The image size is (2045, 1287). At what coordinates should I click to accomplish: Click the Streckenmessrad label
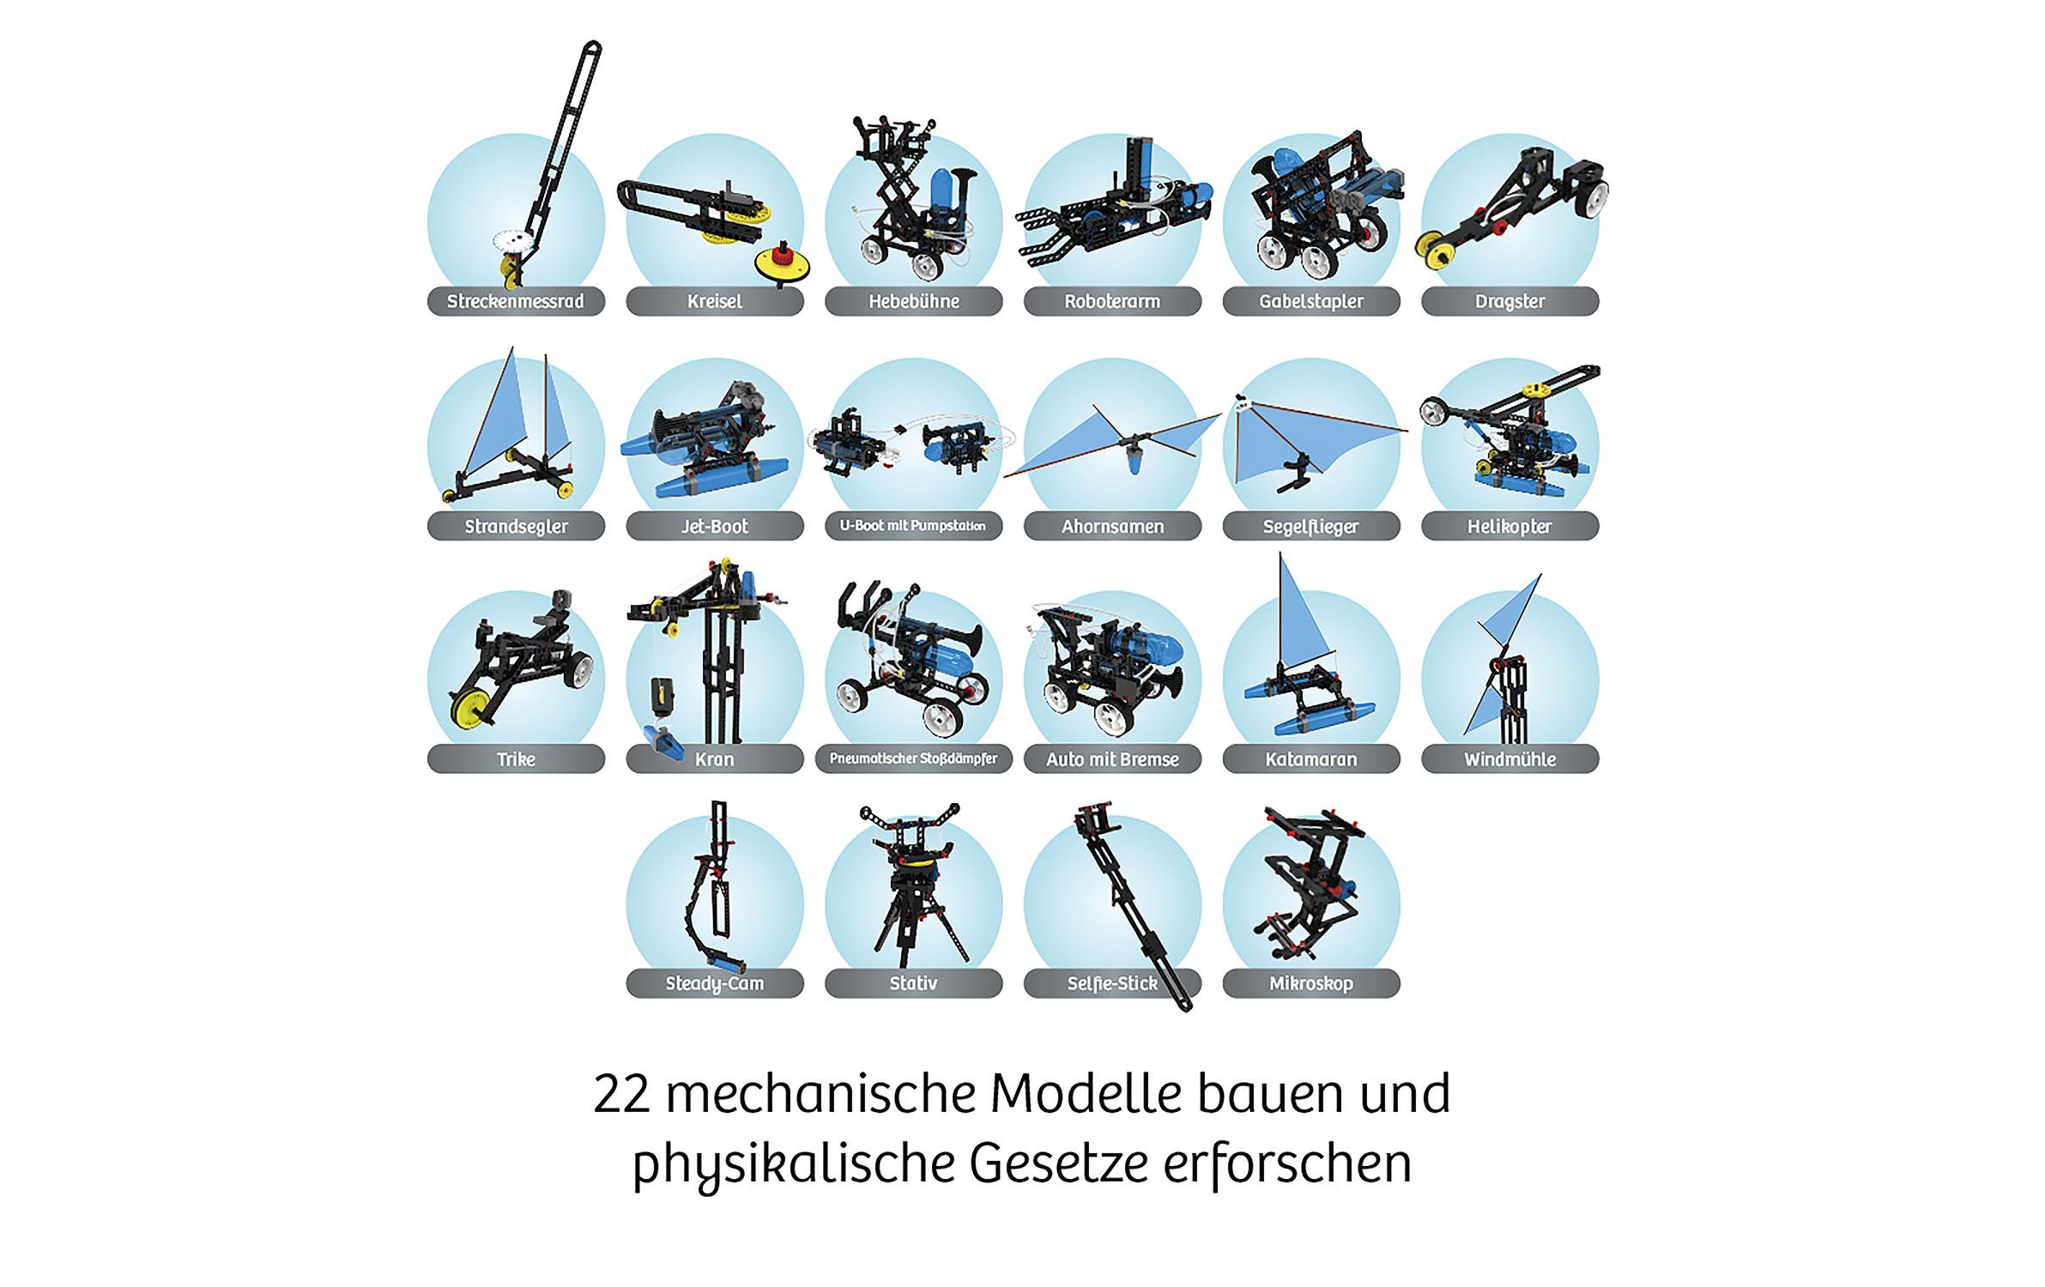(x=516, y=301)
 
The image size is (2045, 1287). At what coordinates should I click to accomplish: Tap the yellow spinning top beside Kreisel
(x=781, y=261)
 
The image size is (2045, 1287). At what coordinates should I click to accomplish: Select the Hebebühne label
(x=913, y=301)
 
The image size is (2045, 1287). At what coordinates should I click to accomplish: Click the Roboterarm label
(x=1112, y=301)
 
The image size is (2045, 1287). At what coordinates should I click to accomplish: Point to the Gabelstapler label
(x=1310, y=301)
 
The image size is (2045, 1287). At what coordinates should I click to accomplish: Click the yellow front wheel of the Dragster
(x=1434, y=249)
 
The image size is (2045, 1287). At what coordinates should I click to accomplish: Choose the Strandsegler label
(x=516, y=526)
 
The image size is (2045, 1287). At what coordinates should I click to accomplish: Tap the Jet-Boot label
(x=715, y=526)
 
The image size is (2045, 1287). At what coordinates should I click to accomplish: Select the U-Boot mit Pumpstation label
(x=913, y=525)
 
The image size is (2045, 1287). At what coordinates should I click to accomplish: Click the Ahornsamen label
(x=1112, y=526)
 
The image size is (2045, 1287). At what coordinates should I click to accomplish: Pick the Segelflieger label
(x=1310, y=526)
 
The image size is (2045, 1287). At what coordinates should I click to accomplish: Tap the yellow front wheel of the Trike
(x=471, y=706)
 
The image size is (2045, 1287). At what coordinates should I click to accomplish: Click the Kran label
(x=715, y=759)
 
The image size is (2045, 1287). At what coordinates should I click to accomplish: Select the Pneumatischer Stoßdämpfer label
(x=913, y=758)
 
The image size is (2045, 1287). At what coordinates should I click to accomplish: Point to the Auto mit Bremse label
(x=1112, y=759)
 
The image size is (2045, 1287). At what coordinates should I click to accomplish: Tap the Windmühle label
(x=1510, y=759)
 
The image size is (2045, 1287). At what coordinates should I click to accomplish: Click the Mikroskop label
(x=1310, y=983)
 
